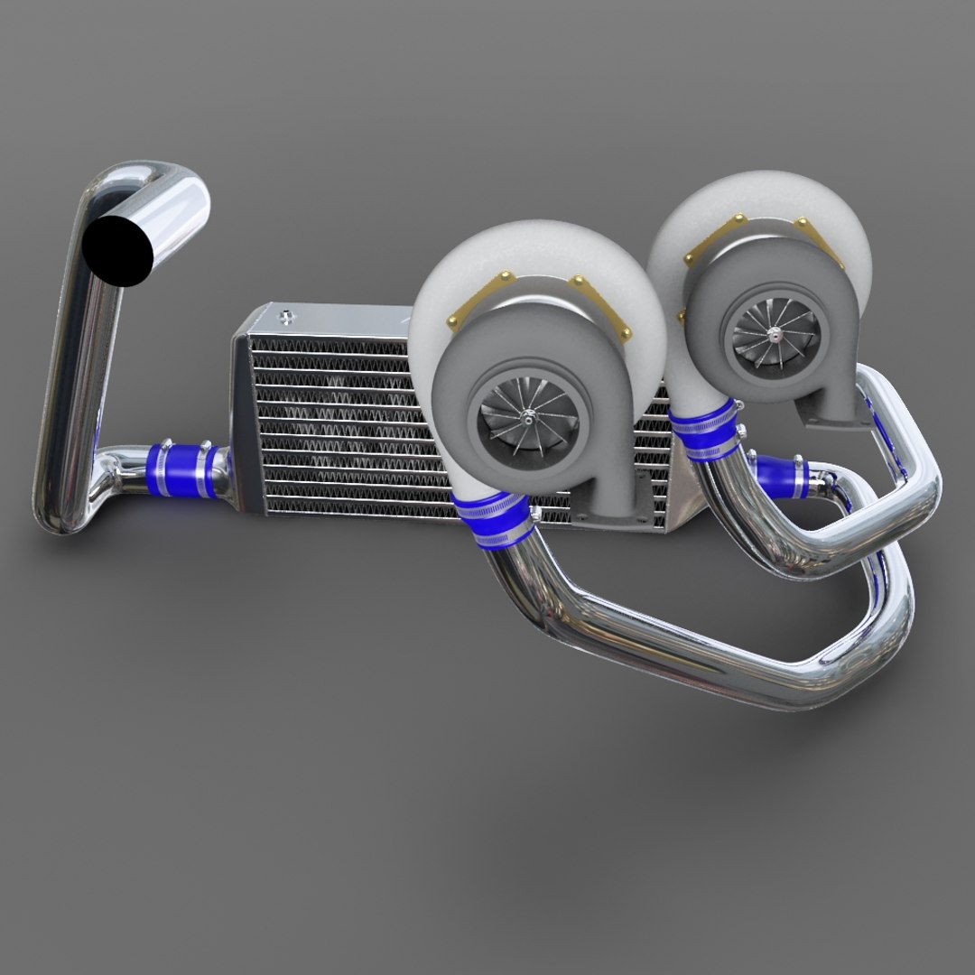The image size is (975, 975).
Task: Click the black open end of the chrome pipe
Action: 118,247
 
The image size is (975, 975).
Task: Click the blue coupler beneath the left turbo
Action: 492,521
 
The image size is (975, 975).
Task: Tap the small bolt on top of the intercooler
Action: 287,316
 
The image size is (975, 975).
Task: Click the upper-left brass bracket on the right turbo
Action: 713,239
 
